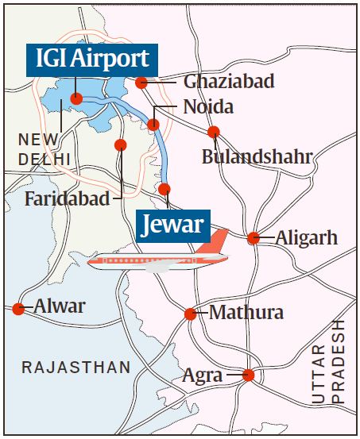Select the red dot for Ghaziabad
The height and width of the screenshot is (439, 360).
[141, 83]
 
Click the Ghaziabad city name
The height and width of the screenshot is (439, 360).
[229, 82]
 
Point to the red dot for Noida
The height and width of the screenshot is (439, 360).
[153, 125]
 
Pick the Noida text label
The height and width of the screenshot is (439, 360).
[209, 106]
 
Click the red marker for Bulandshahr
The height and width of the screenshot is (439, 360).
[213, 132]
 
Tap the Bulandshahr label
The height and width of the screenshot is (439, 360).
[257, 156]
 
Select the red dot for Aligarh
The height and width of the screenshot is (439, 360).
[253, 237]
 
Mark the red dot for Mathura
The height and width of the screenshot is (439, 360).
[190, 314]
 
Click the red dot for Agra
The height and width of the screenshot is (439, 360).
[248, 375]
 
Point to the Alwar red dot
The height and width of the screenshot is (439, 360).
[18, 308]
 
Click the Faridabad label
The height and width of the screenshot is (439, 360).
[67, 198]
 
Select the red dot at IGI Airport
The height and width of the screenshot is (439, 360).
[77, 99]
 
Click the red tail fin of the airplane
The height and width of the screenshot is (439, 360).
[215, 242]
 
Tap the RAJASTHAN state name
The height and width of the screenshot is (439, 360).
[76, 368]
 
